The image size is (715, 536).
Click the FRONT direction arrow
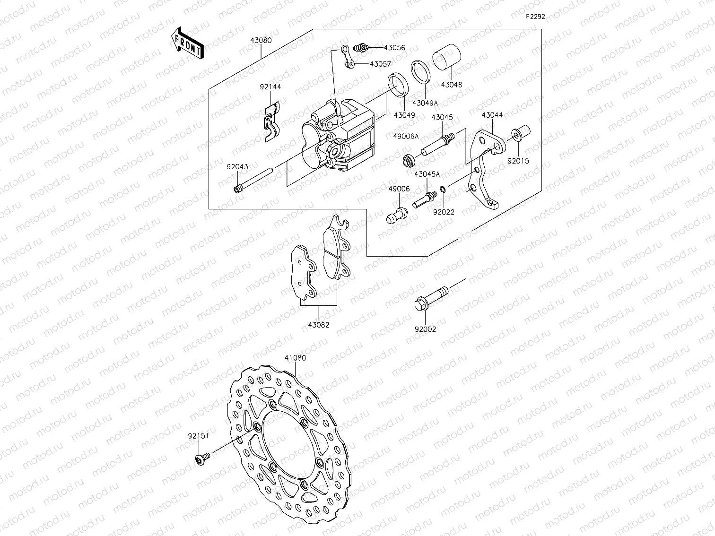pyautogui.click(x=187, y=43)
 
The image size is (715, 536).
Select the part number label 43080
pyautogui.click(x=261, y=41)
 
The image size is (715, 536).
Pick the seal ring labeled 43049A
pyautogui.click(x=420, y=71)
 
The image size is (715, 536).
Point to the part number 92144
pyautogui.click(x=270, y=87)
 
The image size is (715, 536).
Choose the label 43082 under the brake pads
pyautogui.click(x=318, y=325)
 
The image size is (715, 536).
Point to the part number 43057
pyautogui.click(x=380, y=64)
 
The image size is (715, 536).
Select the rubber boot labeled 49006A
pyautogui.click(x=408, y=160)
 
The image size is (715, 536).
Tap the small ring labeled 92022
pyautogui.click(x=442, y=190)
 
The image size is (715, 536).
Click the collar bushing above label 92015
pyautogui.click(x=521, y=133)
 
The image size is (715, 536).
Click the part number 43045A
pyautogui.click(x=427, y=174)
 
